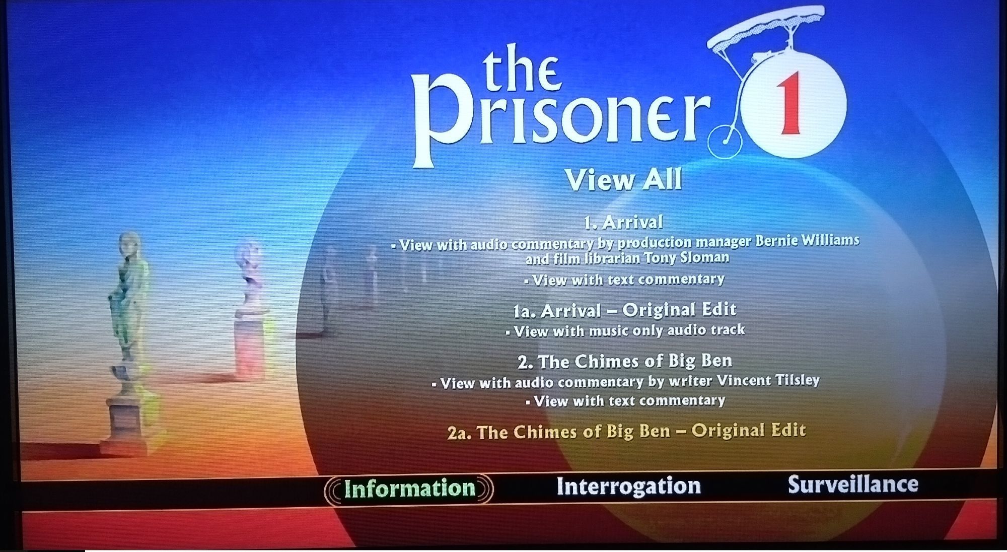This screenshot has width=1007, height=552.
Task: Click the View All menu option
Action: pyautogui.click(x=623, y=179)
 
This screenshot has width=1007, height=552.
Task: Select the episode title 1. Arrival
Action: pyautogui.click(x=623, y=222)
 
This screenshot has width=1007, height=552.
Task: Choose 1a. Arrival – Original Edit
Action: pyautogui.click(x=624, y=310)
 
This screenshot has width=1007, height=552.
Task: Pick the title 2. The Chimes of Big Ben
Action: pyautogui.click(x=625, y=362)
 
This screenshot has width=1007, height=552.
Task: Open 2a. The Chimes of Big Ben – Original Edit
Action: pyautogui.click(x=626, y=432)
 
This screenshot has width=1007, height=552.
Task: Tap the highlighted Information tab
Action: pyautogui.click(x=409, y=489)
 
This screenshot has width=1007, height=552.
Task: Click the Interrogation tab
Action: pyautogui.click(x=628, y=486)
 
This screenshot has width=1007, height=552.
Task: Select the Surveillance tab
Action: pyautogui.click(x=853, y=484)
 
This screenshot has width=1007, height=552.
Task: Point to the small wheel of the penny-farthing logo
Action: pyautogui.click(x=725, y=141)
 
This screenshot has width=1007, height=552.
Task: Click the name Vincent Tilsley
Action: pyautogui.click(x=768, y=380)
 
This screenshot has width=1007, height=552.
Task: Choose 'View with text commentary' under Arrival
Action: pyautogui.click(x=624, y=280)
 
